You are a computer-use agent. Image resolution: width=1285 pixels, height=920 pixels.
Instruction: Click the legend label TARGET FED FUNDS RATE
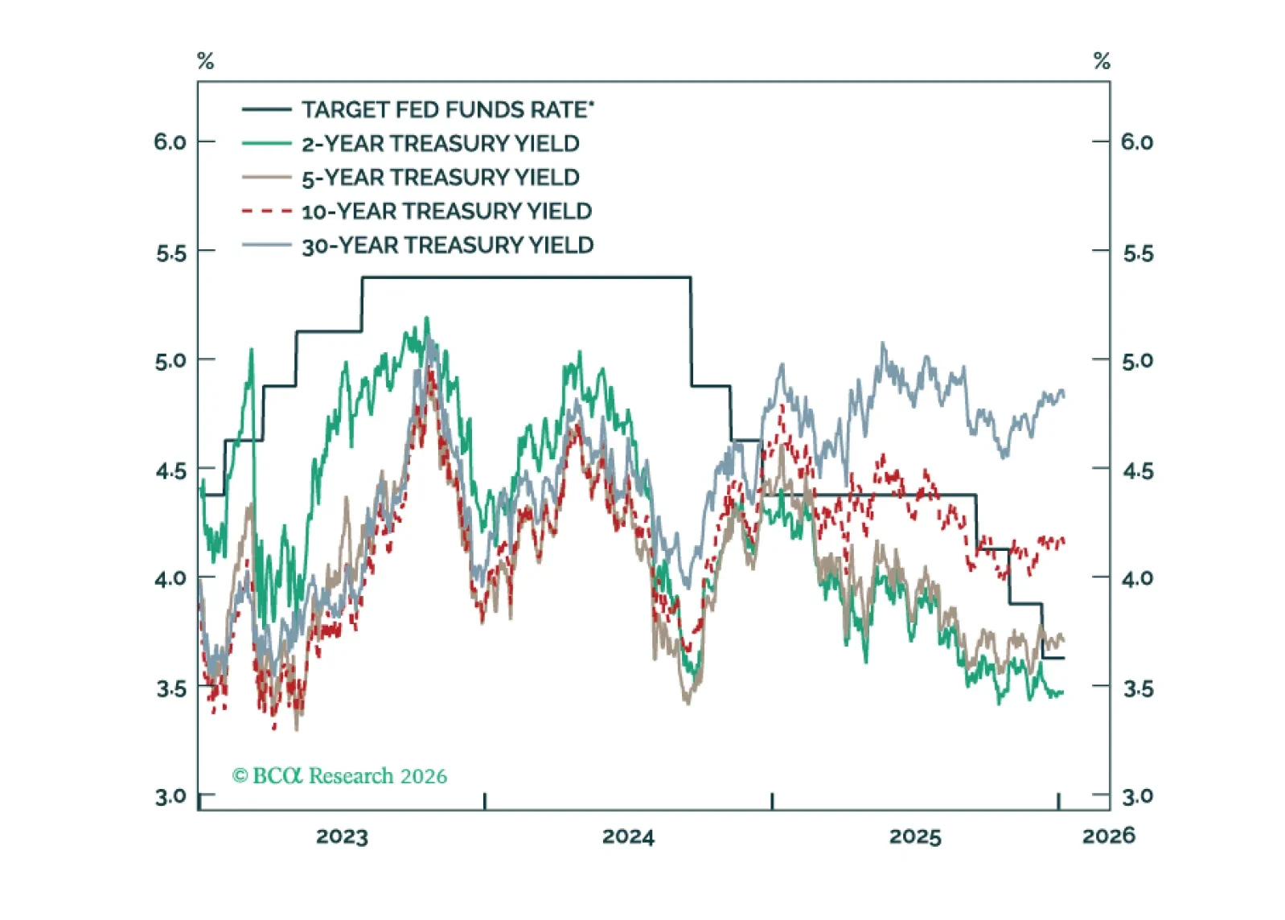point(447,109)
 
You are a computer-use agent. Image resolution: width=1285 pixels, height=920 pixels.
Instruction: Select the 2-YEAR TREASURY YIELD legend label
point(440,144)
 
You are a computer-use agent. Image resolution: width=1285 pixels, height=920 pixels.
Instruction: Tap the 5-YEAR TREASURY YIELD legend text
point(440,178)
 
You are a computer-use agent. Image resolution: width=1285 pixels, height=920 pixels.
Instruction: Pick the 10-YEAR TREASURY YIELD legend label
point(446,212)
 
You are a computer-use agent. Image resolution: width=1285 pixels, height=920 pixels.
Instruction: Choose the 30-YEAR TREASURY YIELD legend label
point(447,245)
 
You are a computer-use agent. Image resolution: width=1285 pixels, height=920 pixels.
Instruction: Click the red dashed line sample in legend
point(266,212)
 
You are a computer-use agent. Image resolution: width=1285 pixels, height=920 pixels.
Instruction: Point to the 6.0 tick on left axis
point(170,142)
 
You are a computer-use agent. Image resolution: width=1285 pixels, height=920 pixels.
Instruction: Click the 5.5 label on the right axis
point(1138,254)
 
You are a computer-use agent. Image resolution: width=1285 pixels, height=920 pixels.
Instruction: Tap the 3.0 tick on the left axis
point(170,797)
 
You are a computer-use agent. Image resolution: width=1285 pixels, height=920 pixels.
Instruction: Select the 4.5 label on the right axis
point(1138,470)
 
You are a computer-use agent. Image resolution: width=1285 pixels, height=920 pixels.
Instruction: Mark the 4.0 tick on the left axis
point(170,578)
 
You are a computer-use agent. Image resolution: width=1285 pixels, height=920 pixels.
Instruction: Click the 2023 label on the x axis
point(342,836)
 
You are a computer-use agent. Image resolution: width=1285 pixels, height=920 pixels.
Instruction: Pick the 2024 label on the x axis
point(628,836)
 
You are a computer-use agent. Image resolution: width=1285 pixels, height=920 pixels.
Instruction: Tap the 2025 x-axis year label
point(914,836)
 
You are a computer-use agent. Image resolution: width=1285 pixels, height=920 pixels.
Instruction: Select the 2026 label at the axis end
point(1109,836)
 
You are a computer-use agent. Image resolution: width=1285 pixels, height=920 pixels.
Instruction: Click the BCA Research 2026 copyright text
point(339,776)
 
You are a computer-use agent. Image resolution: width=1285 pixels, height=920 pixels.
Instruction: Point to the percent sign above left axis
point(206,61)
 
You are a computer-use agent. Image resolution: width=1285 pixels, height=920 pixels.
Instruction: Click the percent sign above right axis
point(1102,61)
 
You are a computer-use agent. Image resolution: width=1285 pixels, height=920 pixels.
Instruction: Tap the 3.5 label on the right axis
point(1138,688)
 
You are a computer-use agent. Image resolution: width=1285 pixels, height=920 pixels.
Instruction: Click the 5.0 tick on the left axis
point(170,360)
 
